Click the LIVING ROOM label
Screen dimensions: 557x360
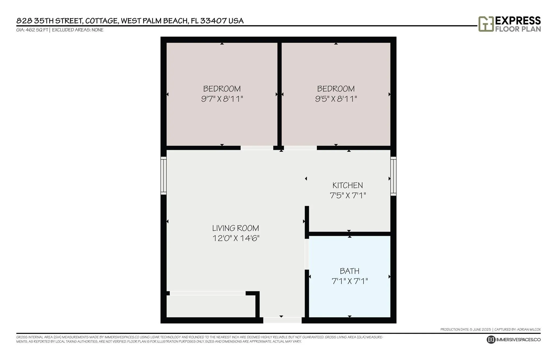(x=236, y=228)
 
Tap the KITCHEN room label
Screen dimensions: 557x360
(x=348, y=185)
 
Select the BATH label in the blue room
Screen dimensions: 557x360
(x=349, y=271)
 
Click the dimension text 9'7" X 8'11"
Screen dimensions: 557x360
(x=222, y=99)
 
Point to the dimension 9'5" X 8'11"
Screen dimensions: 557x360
(x=336, y=99)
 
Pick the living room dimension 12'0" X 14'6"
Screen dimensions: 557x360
(x=236, y=238)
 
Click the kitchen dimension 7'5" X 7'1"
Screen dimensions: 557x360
(x=348, y=195)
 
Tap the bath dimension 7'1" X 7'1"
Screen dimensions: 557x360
(x=350, y=281)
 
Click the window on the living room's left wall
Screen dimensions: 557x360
(x=163, y=176)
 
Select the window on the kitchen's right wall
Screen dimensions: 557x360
(x=393, y=176)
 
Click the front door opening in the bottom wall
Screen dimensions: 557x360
(x=282, y=320)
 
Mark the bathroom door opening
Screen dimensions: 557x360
(x=307, y=254)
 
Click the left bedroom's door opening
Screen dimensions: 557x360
(x=257, y=148)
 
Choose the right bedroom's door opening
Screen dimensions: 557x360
(x=300, y=148)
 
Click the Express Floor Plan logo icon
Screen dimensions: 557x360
(x=486, y=24)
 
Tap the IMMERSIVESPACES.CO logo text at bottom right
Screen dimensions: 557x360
(x=518, y=340)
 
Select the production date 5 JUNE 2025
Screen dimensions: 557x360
(x=480, y=330)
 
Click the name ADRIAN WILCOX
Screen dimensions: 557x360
(x=529, y=330)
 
